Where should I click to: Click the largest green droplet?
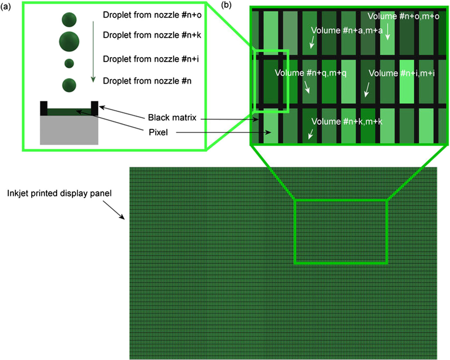click(69, 42)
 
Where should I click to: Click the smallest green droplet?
click(69, 63)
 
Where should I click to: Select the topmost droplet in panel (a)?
click(69, 20)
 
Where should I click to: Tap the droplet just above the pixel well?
click(69, 85)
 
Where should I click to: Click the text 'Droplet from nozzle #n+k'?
click(152, 35)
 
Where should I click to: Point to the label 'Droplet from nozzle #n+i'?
click(150, 59)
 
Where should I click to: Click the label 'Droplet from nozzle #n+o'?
click(152, 15)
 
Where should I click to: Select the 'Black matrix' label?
click(172, 118)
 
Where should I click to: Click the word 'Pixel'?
click(158, 133)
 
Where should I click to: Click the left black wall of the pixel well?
click(44, 108)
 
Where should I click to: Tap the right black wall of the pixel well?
click(94, 108)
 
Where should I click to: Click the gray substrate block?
click(69, 130)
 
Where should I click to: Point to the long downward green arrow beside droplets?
click(93, 51)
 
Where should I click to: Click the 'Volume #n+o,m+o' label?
click(403, 16)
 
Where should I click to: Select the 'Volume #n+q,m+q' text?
click(310, 73)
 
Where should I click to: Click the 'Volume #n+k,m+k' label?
click(347, 122)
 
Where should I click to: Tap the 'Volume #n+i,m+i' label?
click(401, 73)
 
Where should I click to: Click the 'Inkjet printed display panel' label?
click(59, 193)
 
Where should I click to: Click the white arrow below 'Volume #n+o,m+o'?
click(388, 32)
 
